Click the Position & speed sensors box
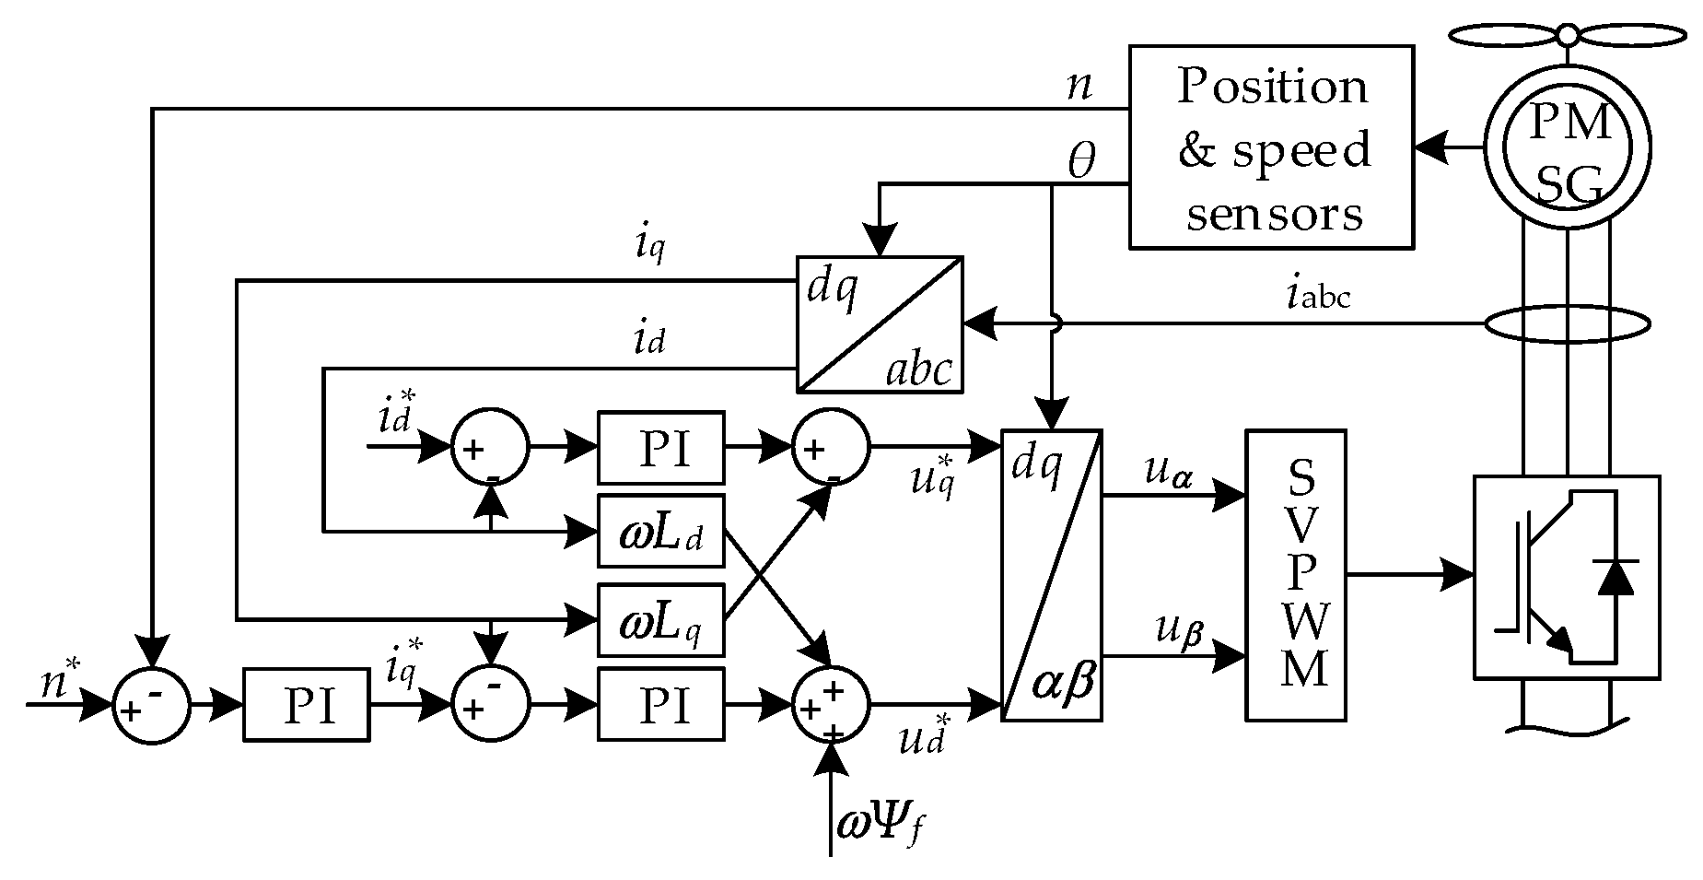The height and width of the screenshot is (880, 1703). tap(1270, 147)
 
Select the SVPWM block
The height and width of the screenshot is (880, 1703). tap(1294, 574)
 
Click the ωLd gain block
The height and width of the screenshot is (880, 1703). tap(660, 532)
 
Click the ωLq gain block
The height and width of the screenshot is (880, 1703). tap(660, 619)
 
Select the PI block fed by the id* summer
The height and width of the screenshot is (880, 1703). tap(660, 448)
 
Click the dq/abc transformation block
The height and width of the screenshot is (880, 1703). tap(879, 324)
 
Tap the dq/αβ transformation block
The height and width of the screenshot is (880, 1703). tap(1051, 575)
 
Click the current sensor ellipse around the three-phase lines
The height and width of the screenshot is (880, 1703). tap(1568, 324)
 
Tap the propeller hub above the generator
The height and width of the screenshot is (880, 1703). tap(1568, 35)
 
